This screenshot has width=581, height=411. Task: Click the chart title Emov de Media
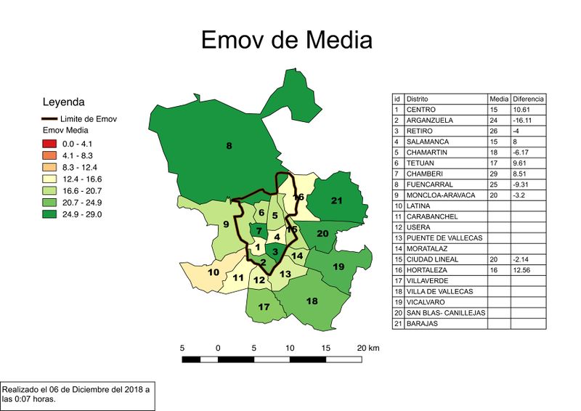(286, 39)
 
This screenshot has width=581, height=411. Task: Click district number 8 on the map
(229, 147)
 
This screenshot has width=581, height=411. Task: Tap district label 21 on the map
(336, 200)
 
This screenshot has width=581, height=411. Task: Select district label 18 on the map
(312, 301)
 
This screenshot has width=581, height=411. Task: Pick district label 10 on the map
(214, 272)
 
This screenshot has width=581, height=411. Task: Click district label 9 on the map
(226, 224)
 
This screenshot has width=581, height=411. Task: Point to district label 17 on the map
(264, 307)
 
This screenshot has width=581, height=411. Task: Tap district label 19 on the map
(338, 266)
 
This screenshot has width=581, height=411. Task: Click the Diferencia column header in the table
(528, 98)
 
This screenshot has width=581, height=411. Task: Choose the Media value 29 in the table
(495, 174)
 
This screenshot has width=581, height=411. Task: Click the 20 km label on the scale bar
(368, 348)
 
